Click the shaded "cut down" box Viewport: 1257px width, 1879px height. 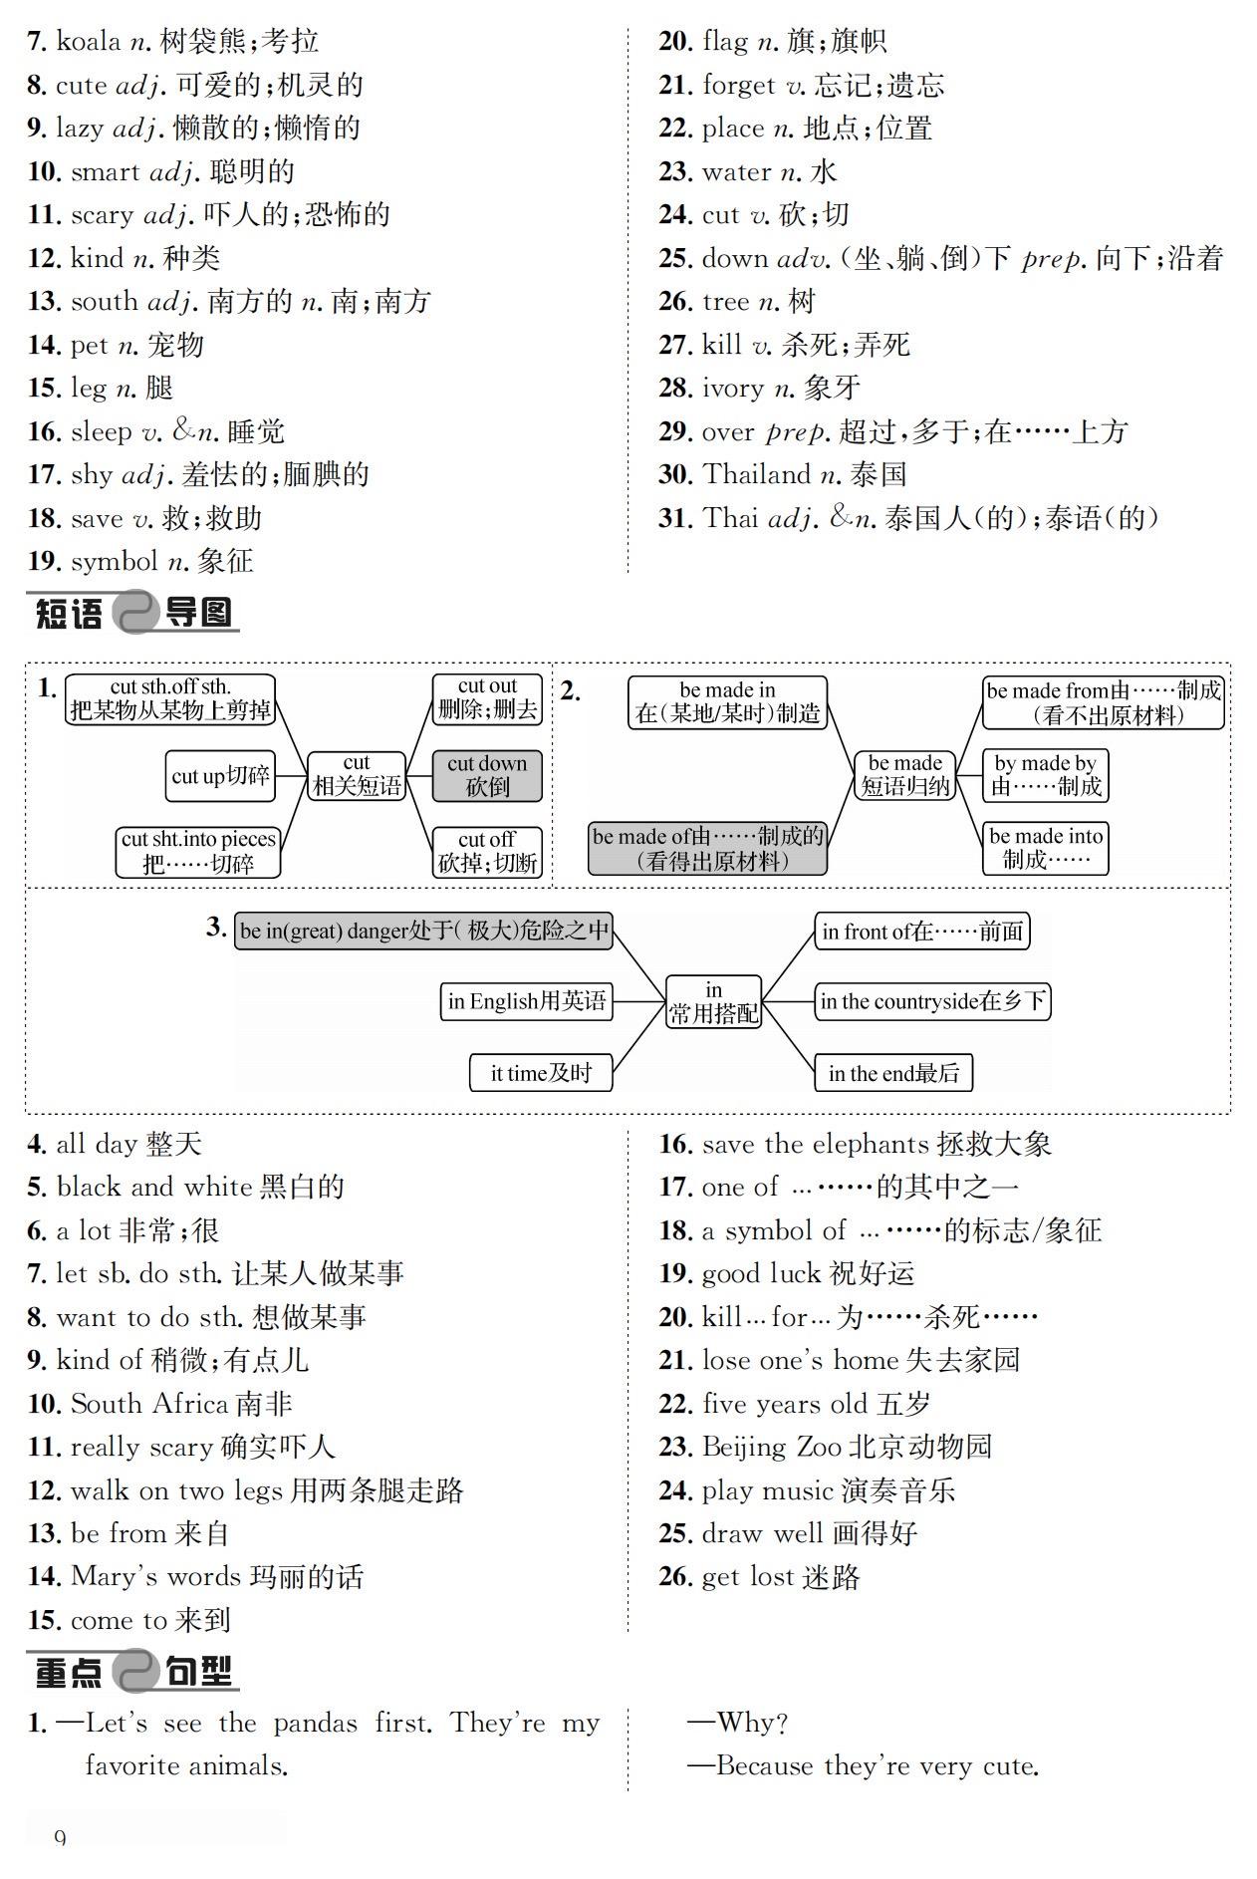[x=487, y=775]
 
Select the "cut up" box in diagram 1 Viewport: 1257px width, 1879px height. [x=220, y=776]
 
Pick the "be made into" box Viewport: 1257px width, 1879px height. [x=1045, y=848]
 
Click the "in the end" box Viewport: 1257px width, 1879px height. [x=893, y=1073]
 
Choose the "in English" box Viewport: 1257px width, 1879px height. [x=526, y=1001]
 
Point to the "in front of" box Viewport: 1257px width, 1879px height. [x=921, y=932]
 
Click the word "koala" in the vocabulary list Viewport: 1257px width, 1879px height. [x=89, y=42]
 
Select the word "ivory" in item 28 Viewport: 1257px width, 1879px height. [x=732, y=389]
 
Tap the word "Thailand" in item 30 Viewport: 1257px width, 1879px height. [x=757, y=474]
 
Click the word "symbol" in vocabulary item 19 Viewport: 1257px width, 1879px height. [x=114, y=562]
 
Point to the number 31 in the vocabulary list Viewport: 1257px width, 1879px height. [x=674, y=518]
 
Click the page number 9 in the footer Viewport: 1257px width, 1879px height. [x=61, y=1837]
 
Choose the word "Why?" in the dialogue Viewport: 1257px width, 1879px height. [x=752, y=1723]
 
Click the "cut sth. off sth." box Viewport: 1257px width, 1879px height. [x=170, y=698]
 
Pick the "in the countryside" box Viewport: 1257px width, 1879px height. [x=932, y=1001]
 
